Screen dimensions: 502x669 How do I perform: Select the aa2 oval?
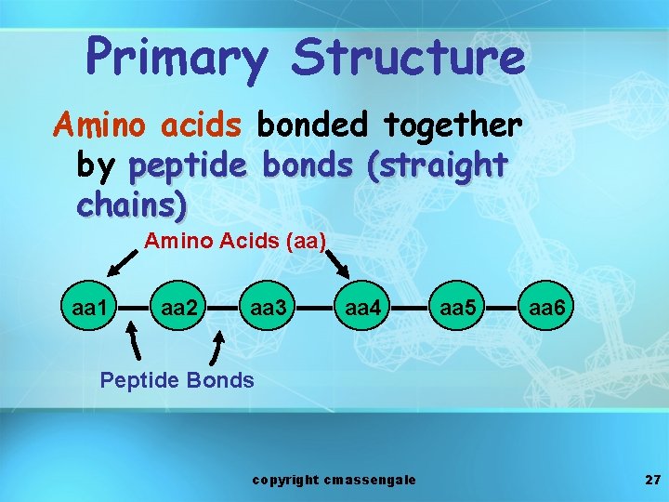point(178,306)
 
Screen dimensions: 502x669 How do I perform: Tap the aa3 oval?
point(268,306)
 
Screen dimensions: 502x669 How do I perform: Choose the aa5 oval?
point(456,306)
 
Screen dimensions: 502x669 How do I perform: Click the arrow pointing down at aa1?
point(120,264)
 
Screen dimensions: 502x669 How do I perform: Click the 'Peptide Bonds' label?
point(177,379)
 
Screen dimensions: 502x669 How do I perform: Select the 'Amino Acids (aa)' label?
point(234,242)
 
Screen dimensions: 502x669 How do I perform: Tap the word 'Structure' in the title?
point(408,57)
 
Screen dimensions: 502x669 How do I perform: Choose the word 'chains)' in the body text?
point(132,204)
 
